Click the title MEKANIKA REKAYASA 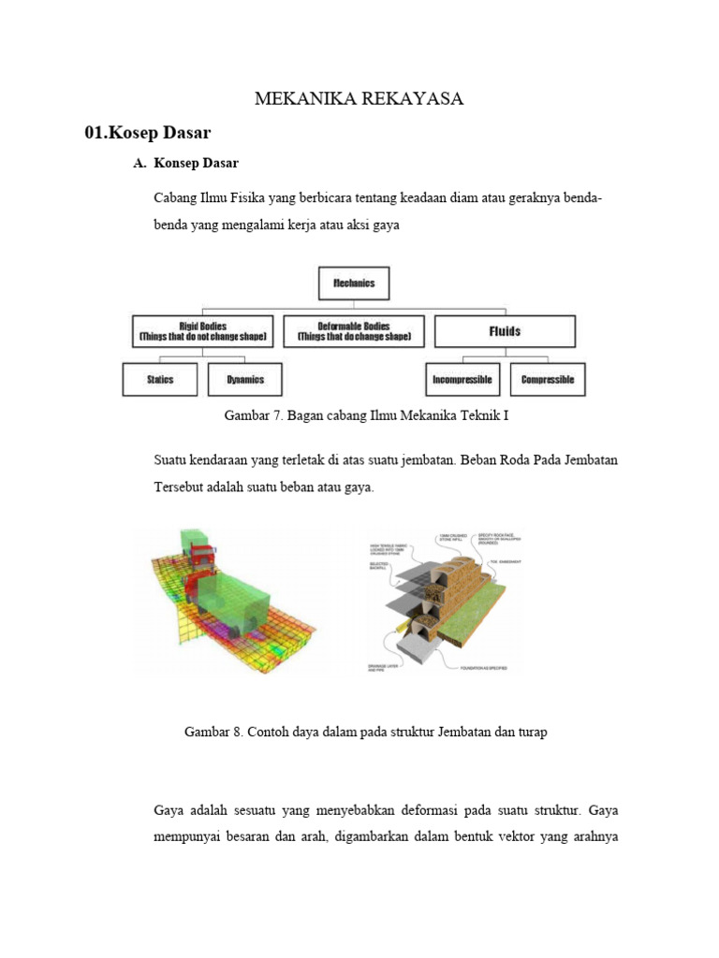[359, 99]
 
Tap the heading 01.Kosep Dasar [147, 133]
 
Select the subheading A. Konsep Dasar [186, 163]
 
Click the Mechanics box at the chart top [354, 283]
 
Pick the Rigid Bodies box [203, 331]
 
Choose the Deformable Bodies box [353, 331]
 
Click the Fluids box [505, 331]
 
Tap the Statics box [160, 380]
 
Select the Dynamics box [245, 380]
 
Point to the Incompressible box [463, 380]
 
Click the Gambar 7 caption [366, 414]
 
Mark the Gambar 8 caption [366, 733]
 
